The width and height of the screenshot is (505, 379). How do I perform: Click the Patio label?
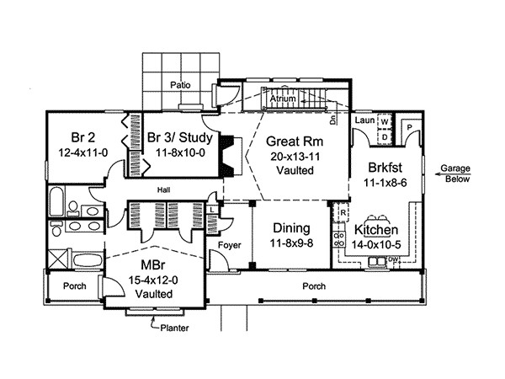(x=179, y=85)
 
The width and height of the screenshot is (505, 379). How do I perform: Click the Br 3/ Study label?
(x=178, y=138)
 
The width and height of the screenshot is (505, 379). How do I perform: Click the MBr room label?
(x=152, y=266)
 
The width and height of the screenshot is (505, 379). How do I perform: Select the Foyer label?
(x=229, y=245)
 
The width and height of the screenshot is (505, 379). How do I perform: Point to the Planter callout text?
(x=175, y=328)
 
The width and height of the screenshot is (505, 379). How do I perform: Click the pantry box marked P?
(x=409, y=126)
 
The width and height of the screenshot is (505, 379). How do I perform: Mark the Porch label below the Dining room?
(x=315, y=286)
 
